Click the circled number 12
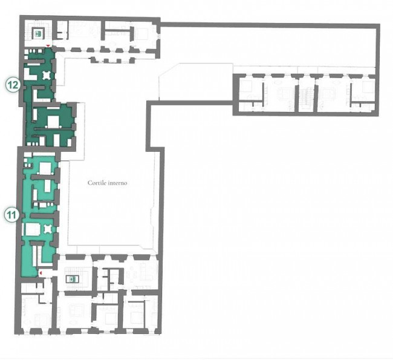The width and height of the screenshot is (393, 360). coord(13,85)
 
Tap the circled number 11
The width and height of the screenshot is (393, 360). coord(11,215)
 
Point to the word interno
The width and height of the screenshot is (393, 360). coord(117,183)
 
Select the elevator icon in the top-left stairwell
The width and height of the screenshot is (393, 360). coord(38,33)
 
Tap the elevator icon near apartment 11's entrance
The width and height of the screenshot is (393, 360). coord(73,279)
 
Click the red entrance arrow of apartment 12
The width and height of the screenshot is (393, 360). coord(48,45)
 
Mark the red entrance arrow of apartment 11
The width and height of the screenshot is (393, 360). coord(41,272)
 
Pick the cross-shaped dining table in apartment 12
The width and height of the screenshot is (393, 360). coord(47,75)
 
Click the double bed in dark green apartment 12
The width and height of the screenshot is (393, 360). coord(53,122)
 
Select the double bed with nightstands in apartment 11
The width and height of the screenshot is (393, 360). coord(45,168)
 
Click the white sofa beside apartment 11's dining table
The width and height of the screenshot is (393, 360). coord(33,230)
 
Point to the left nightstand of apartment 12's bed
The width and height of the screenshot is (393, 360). coord(46,127)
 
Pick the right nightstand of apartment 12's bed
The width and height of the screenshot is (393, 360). coord(60,127)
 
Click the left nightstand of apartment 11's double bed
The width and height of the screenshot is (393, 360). coord(38,173)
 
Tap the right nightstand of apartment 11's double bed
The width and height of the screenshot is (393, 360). coord(53,173)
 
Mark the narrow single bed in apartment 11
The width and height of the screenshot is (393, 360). coord(48,186)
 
